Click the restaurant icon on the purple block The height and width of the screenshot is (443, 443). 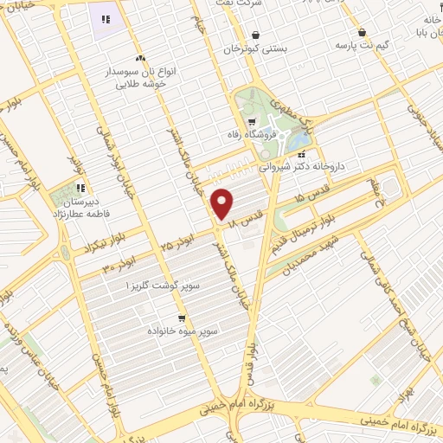106,19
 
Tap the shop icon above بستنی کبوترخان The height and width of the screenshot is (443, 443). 255,35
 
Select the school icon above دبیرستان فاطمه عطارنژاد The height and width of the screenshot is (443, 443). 80,188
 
